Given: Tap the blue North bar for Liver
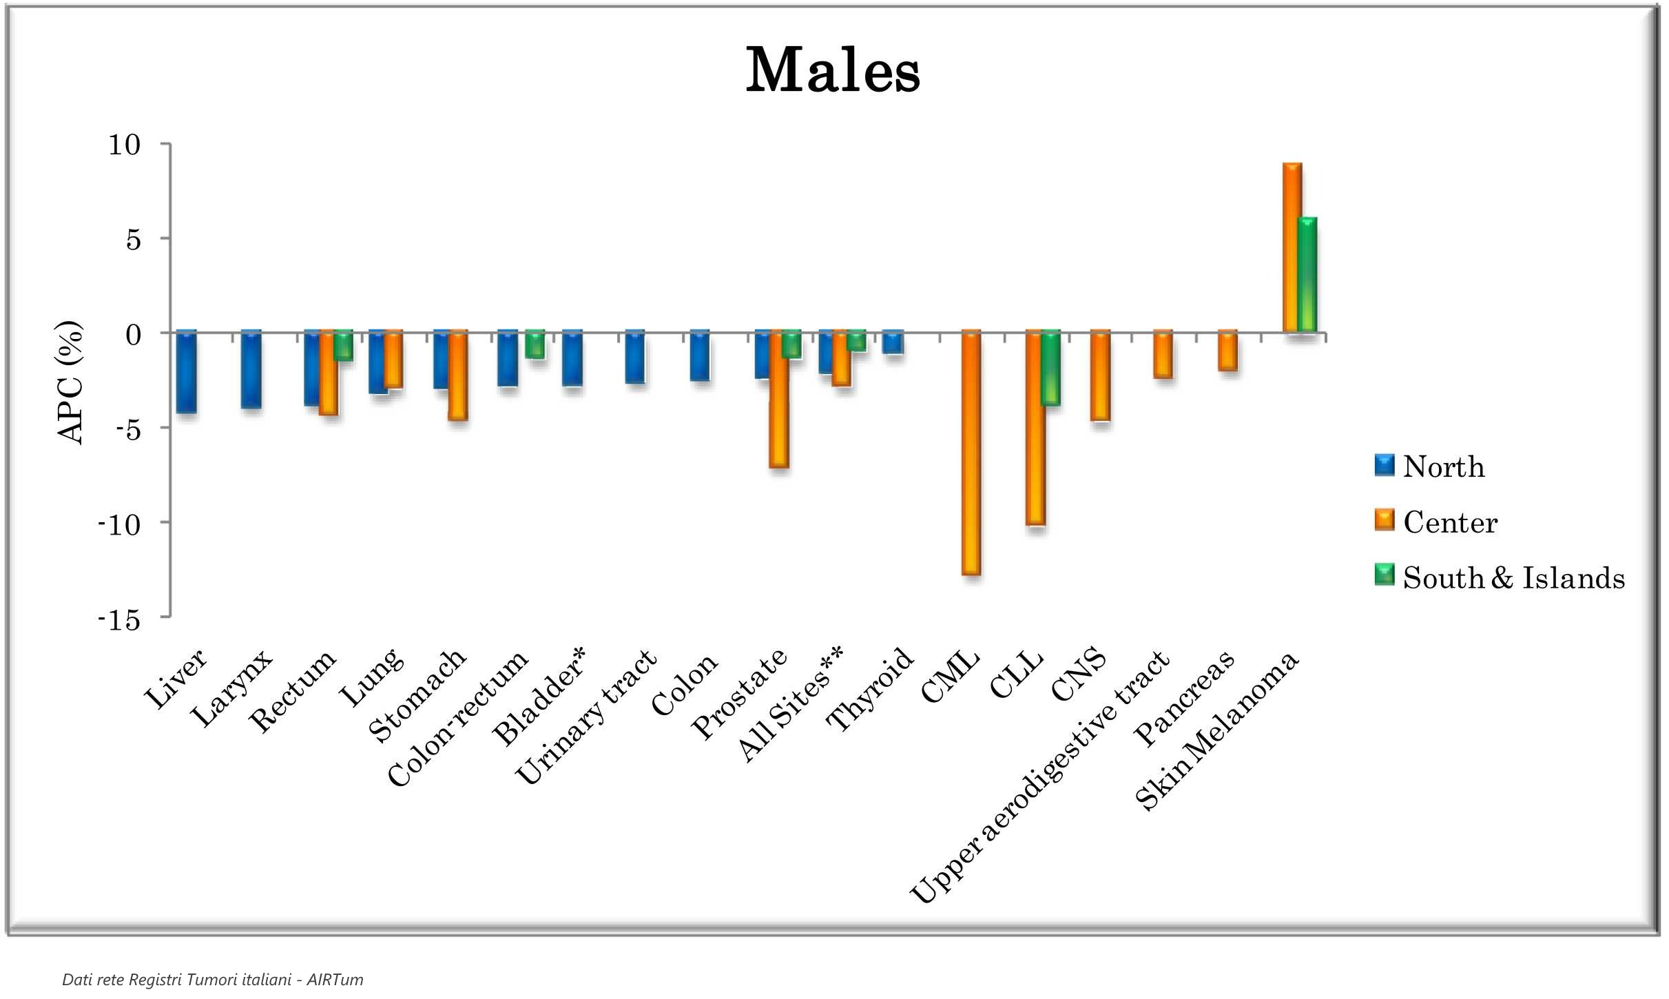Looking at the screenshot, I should tap(187, 372).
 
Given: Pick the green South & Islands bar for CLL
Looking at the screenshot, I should tap(1051, 368).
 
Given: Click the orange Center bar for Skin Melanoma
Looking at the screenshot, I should tap(1292, 248).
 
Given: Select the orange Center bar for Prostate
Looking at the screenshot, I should tap(779, 400).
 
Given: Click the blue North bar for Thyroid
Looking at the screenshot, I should tap(893, 342).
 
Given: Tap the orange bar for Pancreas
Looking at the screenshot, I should tap(1227, 351).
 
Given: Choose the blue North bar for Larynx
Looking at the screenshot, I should tap(251, 370).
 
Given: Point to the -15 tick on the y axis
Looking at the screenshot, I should tap(120, 620).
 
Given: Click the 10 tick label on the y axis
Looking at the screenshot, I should tap(125, 145).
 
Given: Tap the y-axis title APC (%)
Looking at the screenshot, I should tap(70, 382).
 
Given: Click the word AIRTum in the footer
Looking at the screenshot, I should tap(335, 980).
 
